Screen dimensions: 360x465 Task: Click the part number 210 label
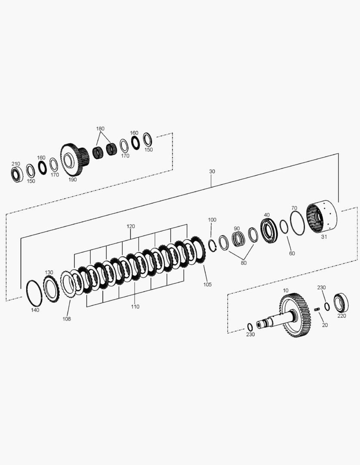16,164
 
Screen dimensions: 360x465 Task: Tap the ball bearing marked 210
17,175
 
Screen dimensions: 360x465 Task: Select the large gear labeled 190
74,160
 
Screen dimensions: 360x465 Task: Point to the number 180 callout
100,129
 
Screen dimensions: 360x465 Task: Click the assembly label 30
212,171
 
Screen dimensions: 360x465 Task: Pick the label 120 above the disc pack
131,226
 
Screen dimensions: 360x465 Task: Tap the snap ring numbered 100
212,245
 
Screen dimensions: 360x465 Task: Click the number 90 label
237,228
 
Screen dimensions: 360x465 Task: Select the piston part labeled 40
269,231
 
